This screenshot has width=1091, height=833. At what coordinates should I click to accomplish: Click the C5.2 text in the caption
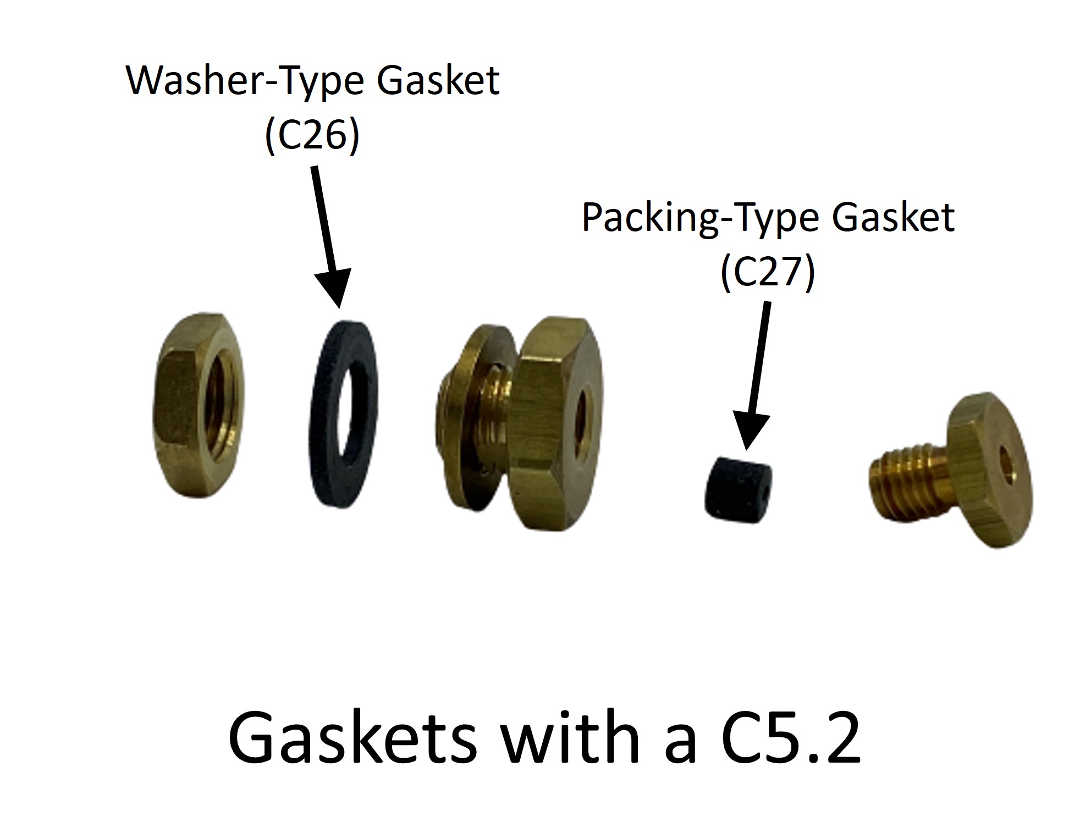790,736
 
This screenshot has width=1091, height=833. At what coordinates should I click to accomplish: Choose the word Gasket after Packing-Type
893,218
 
